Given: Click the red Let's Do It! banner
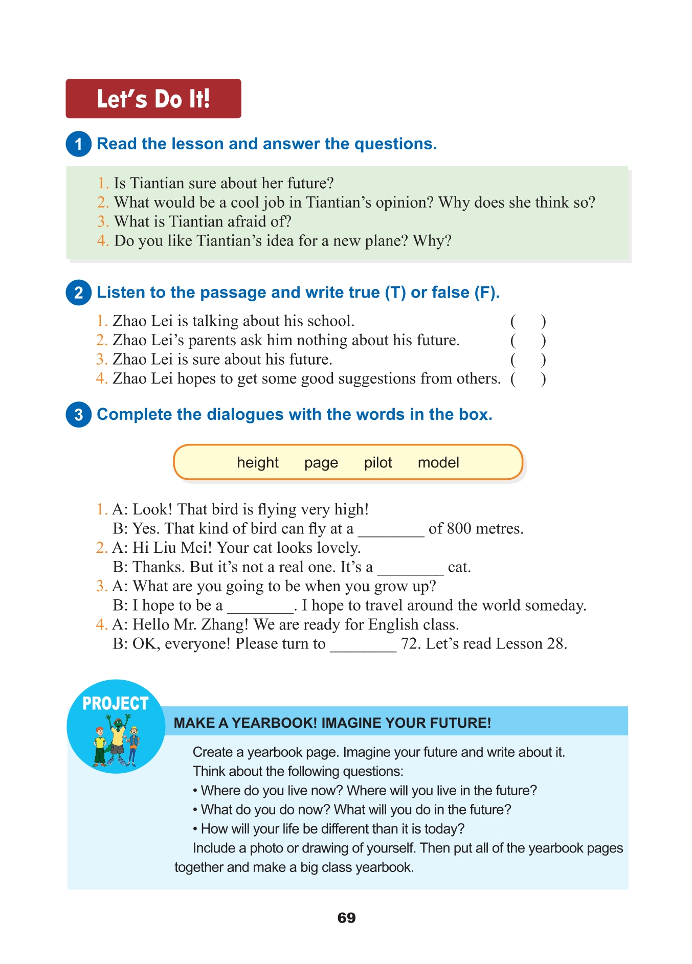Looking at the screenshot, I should point(153,99).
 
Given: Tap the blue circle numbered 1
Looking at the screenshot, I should point(78,144).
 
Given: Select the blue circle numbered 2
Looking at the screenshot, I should point(78,293).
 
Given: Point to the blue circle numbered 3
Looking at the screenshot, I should point(78,414).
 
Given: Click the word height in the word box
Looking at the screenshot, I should point(257,462).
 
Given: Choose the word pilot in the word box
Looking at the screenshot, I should point(377,462).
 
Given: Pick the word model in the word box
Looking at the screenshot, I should point(438,462).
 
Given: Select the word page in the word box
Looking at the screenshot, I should point(321,463).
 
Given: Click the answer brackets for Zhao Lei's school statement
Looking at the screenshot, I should point(528,321).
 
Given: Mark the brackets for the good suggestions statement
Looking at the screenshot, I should point(528,379).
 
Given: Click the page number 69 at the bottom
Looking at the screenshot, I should point(346,917).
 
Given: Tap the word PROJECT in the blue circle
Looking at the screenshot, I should point(115,704).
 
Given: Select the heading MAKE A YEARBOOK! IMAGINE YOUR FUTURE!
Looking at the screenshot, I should point(332,723).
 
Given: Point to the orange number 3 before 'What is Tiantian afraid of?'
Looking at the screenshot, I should point(103,221).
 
